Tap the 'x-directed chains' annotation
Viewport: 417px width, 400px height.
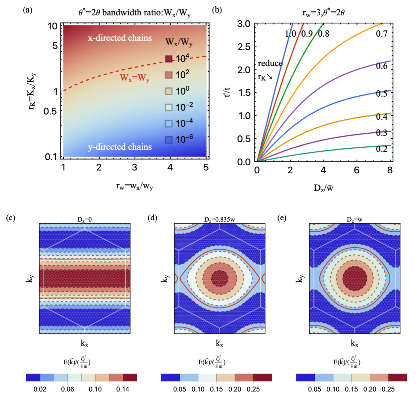(120, 38)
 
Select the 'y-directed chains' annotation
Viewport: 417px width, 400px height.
(120, 147)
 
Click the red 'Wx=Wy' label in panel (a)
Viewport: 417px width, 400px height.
(135, 78)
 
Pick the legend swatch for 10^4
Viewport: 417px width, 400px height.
(169, 59)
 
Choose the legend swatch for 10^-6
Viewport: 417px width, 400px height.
(169, 140)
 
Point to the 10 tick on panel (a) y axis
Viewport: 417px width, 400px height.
(53, 26)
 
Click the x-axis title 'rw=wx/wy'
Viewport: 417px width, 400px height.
(135, 186)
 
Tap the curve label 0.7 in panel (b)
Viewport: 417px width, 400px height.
(382, 34)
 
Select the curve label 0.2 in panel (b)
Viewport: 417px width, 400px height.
(382, 149)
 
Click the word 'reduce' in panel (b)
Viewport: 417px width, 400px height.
(270, 63)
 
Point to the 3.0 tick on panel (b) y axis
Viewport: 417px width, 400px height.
(244, 24)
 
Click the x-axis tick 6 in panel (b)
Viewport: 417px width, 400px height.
(356, 170)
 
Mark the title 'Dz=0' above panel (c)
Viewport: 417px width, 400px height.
(85, 220)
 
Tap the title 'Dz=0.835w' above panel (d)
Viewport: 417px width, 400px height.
(219, 220)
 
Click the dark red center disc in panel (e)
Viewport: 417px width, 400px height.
(355, 278)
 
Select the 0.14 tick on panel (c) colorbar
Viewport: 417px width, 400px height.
(123, 389)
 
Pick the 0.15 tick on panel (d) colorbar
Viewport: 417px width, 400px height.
(216, 389)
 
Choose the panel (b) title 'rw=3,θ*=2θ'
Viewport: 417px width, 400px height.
(323, 13)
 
